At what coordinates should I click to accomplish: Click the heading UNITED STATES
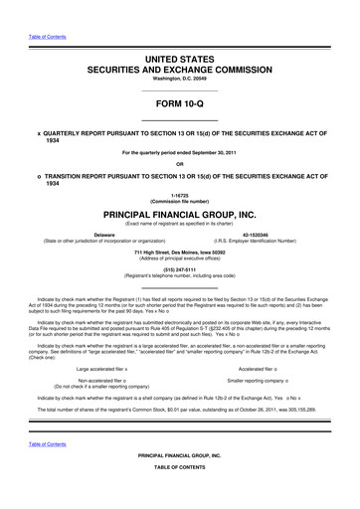(x=180, y=61)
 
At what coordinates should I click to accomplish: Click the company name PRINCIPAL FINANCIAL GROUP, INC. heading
(x=180, y=213)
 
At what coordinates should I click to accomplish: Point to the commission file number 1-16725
(x=180, y=195)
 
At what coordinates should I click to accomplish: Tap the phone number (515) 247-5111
(x=180, y=266)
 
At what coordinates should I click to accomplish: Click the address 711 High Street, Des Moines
(x=180, y=251)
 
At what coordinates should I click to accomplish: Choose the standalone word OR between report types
(x=180, y=164)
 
